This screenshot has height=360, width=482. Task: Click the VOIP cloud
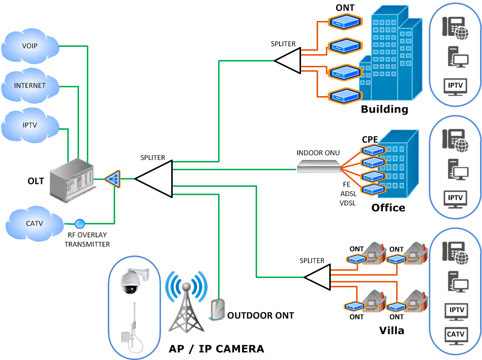30,46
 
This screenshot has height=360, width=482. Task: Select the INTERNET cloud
30,85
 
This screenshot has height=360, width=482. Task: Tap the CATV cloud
34,224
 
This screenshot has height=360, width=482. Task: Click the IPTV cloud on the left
30,125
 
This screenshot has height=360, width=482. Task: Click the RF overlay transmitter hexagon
80,224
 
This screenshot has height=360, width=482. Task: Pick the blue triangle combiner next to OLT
113,179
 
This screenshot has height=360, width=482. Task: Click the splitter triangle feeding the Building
288,61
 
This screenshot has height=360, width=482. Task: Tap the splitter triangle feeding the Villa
319,277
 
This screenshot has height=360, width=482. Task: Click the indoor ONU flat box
319,167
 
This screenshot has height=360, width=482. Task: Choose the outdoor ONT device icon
218,309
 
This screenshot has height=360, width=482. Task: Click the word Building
384,109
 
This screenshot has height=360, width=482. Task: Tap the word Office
388,208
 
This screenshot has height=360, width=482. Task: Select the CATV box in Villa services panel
456,335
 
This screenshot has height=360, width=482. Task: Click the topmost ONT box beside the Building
344,21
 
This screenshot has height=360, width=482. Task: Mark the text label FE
346,185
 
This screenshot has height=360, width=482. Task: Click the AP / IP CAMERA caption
216,349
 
